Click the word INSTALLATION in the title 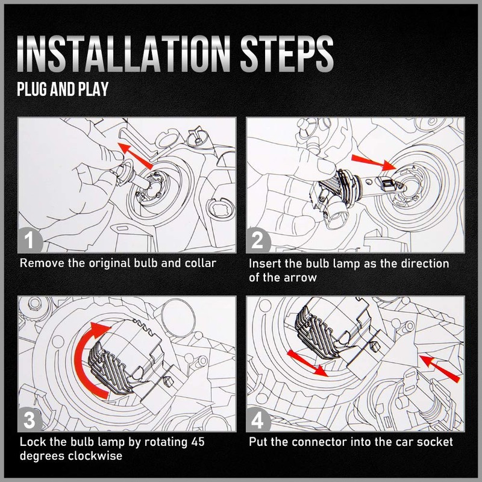point(124,54)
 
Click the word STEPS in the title point(287,54)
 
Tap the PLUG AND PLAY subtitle point(63,89)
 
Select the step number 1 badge point(30,240)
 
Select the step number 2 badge point(258,240)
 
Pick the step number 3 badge point(30,419)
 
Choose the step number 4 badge point(258,419)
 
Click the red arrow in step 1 point(135,155)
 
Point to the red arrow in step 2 point(374,162)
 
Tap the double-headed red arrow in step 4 point(307,364)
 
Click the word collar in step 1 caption point(201,263)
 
